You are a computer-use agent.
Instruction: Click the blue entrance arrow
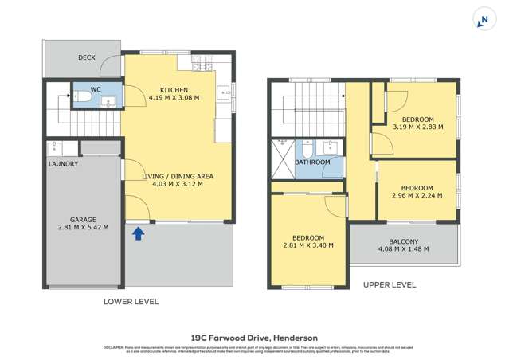(138, 233)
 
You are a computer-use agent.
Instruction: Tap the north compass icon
(483, 20)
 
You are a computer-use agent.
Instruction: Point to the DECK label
(87, 57)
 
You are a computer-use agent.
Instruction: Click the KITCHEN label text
(174, 89)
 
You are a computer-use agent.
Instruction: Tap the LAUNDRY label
(63, 164)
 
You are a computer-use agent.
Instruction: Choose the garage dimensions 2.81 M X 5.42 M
(83, 227)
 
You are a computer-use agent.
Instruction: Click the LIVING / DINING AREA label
(178, 175)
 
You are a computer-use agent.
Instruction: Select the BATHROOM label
(312, 162)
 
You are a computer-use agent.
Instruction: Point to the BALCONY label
(404, 240)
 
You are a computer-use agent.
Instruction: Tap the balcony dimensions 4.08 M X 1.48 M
(404, 248)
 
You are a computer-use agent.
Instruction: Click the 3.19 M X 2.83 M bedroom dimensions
(417, 126)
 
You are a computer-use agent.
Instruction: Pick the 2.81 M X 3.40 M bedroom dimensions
(307, 245)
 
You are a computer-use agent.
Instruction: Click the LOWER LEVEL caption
(131, 302)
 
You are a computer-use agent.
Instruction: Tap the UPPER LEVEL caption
(389, 284)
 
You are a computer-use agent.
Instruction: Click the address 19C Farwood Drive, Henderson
(254, 337)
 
